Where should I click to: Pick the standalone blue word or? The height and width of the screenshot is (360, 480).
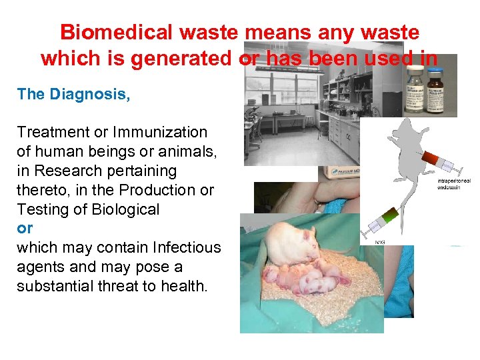point(25,228)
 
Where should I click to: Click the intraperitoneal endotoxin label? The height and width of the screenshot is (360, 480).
point(456,183)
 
